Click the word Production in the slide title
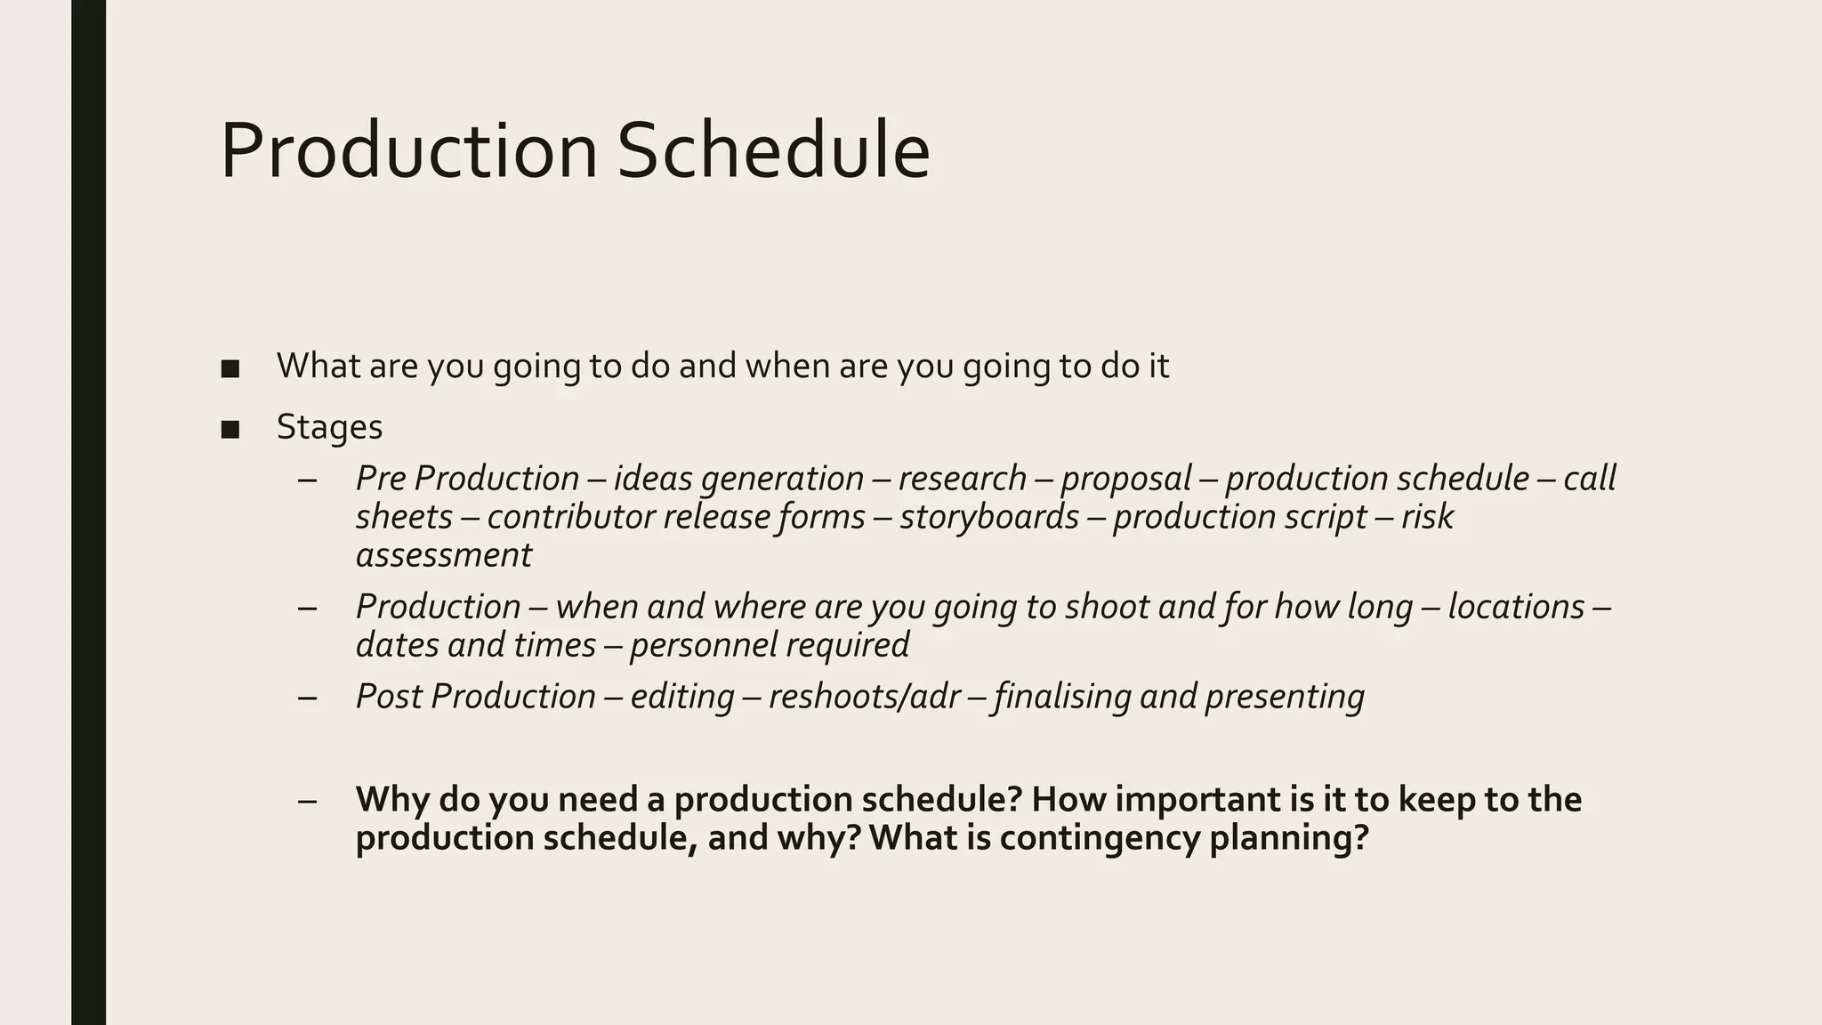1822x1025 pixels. pos(408,151)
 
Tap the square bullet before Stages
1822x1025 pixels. pos(230,430)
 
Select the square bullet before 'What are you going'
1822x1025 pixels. pos(230,368)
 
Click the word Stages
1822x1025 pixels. pos(329,428)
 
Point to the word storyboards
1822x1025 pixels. pos(989,517)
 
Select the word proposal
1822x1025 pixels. pos(1125,480)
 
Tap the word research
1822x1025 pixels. pos(962,480)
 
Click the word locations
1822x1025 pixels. pos(1516,608)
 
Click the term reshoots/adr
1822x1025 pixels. pos(864,697)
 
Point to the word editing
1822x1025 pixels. pos(682,697)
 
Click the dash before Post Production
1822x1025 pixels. pos(308,697)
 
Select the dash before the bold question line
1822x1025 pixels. pos(308,800)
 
